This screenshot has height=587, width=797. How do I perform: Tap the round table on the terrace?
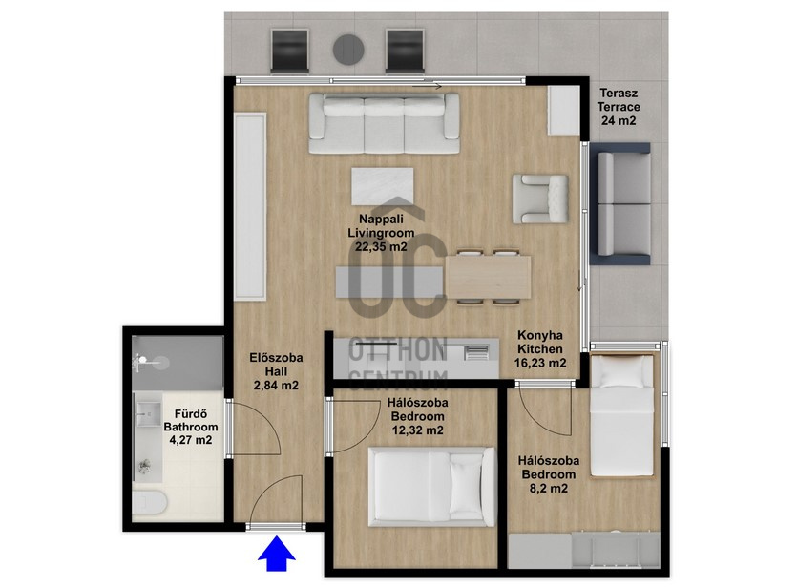pos(348,50)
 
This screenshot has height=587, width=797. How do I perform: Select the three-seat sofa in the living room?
pos(385,123)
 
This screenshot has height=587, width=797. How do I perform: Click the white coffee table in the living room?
pos(382,186)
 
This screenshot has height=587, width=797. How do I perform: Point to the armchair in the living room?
pos(540,199)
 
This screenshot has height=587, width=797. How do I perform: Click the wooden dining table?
pos(489,277)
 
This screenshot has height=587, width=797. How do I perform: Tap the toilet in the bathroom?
pos(150,503)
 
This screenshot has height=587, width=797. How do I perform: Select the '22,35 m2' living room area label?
pos(381,247)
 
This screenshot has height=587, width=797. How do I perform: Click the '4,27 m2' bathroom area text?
pos(191,440)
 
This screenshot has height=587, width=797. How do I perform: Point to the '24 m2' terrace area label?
pos(619,120)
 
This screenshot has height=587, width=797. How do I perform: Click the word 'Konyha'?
pos(540,335)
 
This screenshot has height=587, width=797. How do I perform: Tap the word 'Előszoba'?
pos(276,357)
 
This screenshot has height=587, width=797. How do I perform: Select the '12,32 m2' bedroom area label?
pos(418,430)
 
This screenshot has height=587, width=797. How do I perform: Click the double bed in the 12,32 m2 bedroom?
pos(431,487)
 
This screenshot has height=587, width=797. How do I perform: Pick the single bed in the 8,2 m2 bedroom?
pos(621,415)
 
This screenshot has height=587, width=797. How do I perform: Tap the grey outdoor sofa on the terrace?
pos(620,204)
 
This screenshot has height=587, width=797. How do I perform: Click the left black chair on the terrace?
pos(290,51)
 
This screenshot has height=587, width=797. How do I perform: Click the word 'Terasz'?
pos(619,94)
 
